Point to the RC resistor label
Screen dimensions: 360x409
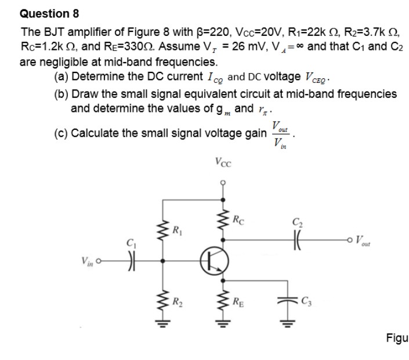click(238, 220)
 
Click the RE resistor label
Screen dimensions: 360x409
click(237, 300)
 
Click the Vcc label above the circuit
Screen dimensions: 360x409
click(222, 162)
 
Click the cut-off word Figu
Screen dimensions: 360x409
click(397, 338)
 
